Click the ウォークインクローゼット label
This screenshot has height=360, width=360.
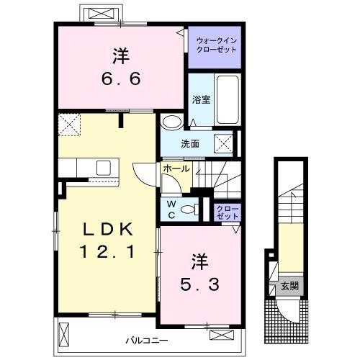coord(216,45)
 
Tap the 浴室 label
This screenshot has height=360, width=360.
coord(201,99)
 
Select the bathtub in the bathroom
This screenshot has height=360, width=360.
coord(228,99)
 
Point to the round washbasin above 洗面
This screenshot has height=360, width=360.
coord(172,122)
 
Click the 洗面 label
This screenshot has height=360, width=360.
coord(190,144)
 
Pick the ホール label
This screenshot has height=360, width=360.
coord(176,168)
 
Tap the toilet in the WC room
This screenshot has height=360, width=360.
coord(190,210)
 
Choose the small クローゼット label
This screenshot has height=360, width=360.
coord(228,212)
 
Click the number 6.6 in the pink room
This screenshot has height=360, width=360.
coord(121,78)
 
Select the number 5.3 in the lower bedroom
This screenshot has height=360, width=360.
coord(199,284)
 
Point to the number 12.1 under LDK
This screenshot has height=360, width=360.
coord(107,252)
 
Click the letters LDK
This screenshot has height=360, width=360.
coord(107,230)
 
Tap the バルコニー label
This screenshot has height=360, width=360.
coord(147,341)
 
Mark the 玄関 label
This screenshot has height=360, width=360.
coord(290,286)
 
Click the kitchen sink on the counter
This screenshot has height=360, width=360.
coord(104,168)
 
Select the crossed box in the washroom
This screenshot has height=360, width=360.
coord(223,143)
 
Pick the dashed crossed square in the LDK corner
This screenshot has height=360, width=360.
coord(69,125)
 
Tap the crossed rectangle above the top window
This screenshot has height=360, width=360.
coord(101,14)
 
